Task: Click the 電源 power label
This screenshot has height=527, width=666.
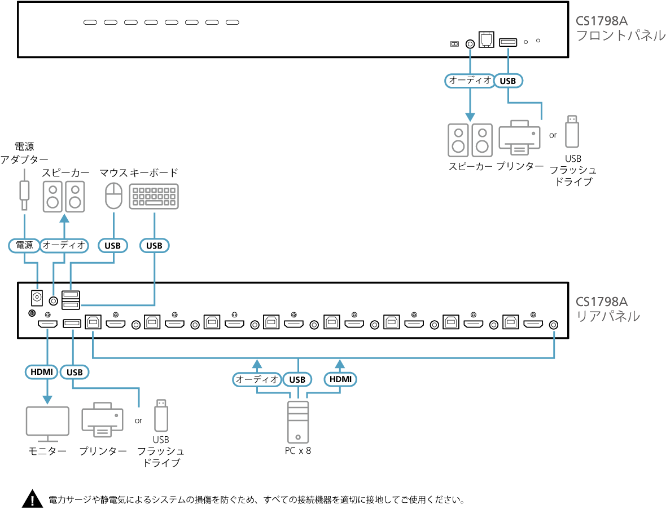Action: [x=24, y=245]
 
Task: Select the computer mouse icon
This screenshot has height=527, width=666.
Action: [x=114, y=196]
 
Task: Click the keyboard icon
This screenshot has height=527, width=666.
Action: [x=154, y=196]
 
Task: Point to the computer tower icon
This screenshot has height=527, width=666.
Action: [x=298, y=422]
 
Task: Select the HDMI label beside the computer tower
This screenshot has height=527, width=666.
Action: [x=340, y=379]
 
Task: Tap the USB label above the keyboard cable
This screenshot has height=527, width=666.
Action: [x=154, y=245]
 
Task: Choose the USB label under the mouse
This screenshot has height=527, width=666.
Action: [x=113, y=245]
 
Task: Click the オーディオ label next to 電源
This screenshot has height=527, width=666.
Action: [x=64, y=245]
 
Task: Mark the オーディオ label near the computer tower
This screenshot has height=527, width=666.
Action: [x=257, y=379]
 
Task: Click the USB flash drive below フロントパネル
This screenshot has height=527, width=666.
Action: [x=572, y=132]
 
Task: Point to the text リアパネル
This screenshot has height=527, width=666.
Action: [x=607, y=316]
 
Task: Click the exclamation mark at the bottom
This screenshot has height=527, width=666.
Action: [x=32, y=501]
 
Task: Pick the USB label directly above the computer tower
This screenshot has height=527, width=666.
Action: [x=297, y=379]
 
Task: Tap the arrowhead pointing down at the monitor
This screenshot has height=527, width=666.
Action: [x=47, y=399]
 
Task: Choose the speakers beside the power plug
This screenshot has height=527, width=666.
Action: [x=64, y=196]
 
